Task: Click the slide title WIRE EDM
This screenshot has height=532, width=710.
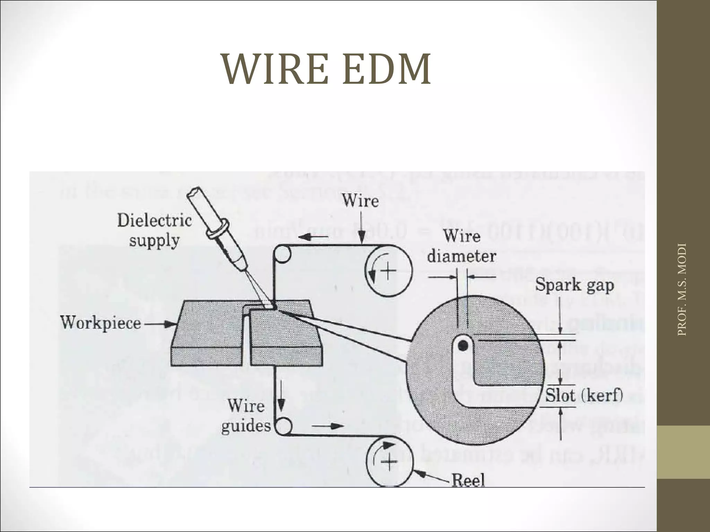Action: point(327,69)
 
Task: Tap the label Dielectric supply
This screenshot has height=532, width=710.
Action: point(154,230)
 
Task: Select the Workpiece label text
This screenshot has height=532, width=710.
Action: point(101,323)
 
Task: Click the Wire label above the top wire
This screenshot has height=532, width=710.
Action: point(360,201)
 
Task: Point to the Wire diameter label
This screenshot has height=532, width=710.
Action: point(461,247)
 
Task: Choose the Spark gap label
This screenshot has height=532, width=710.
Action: point(574,285)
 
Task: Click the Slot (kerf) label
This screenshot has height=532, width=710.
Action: point(584,395)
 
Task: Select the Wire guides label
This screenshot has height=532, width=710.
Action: point(246,416)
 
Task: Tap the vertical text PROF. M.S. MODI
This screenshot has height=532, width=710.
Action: point(682,289)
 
